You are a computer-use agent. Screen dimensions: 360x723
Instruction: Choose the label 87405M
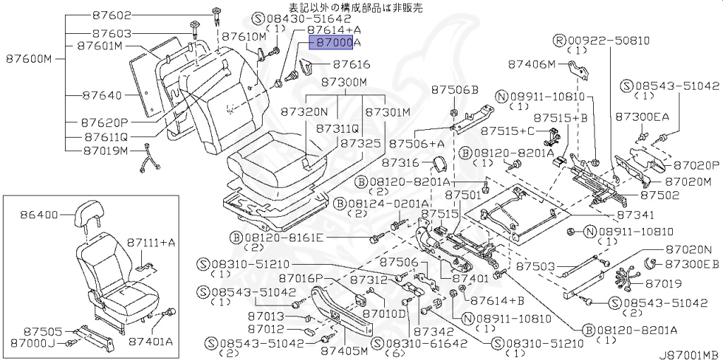[342, 350]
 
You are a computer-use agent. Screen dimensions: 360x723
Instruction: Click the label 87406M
[532, 64]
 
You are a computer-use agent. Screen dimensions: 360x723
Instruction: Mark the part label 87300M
[345, 82]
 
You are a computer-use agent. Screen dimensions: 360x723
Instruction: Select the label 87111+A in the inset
[151, 242]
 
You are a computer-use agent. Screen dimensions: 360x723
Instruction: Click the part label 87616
[351, 64]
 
